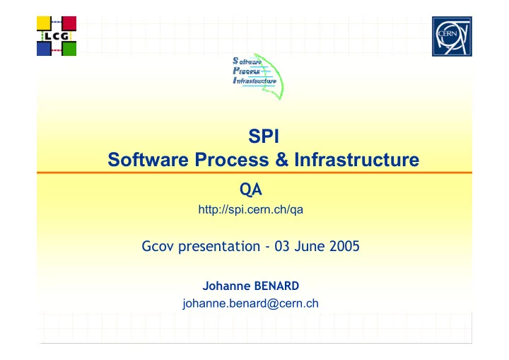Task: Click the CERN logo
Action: pos(452,36)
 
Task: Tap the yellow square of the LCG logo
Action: pos(44,23)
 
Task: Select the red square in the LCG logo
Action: pos(69,23)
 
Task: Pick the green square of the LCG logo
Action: pos(69,49)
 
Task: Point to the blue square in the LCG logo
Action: pos(44,49)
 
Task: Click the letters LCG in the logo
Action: pos(57,36)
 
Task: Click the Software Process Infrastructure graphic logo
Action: pos(257,76)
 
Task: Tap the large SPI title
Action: pos(264,136)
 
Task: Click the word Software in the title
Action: pos(148,160)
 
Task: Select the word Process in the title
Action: pos(232,160)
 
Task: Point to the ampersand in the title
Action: pos(281,160)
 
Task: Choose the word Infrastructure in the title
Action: pos(357,160)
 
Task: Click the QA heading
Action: pos(250,190)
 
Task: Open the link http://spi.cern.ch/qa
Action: pos(250,209)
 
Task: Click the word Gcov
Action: pos(158,246)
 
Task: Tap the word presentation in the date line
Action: pos(219,247)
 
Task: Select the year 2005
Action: pos(344,246)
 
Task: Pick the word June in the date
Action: pos(310,246)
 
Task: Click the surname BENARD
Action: pos(276,286)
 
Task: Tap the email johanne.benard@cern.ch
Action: pos(250,303)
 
